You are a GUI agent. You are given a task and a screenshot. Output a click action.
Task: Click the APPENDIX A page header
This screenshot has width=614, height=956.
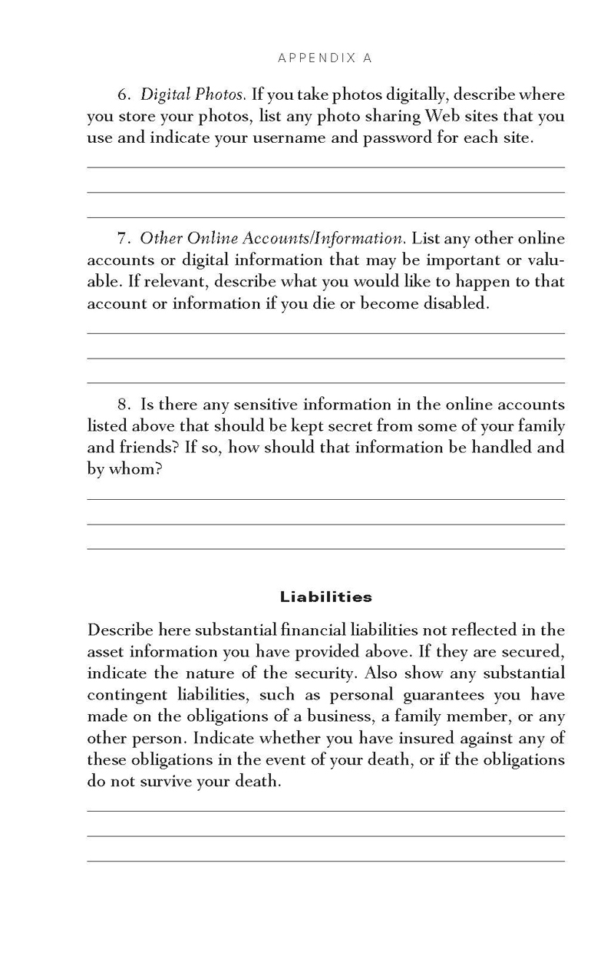coord(325,58)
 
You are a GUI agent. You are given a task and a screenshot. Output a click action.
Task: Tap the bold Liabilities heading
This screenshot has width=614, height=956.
coord(325,597)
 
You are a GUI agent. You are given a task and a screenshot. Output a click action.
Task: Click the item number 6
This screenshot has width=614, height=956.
coord(125,95)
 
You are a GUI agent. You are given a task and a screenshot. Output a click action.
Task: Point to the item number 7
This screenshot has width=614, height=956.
coord(125,239)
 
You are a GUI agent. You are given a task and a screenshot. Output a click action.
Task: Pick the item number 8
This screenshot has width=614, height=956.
coord(125,405)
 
